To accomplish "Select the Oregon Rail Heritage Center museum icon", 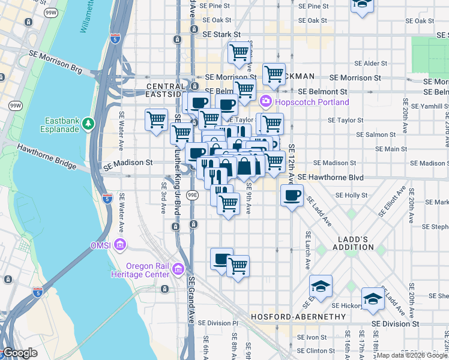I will pyautogui.click(x=178, y=269).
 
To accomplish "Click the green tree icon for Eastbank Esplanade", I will pyautogui.click(x=88, y=123).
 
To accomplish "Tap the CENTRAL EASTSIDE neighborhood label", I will pyautogui.click(x=165, y=91).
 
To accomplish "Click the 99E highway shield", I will pyautogui.click(x=192, y=195).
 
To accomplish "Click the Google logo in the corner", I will pyautogui.click(x=20, y=353).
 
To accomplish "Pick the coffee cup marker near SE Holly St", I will pyautogui.click(x=292, y=197).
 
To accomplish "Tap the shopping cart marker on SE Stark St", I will pyautogui.click(x=239, y=52).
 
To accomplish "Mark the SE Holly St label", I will pyautogui.click(x=351, y=195).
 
